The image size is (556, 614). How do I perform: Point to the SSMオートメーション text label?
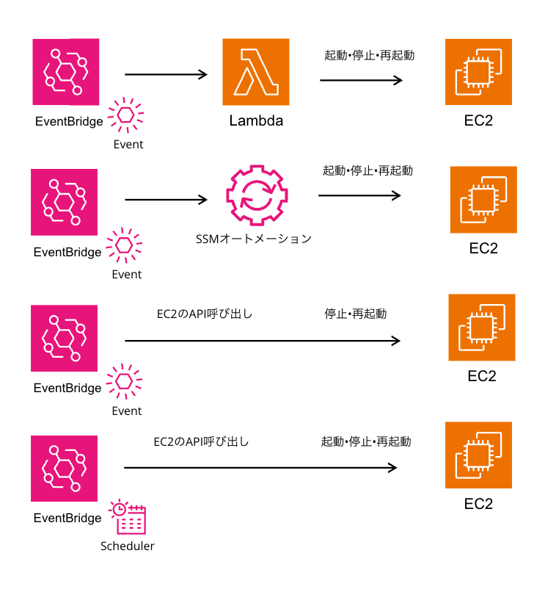pos(254,239)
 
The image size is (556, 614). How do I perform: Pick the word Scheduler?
pos(127,546)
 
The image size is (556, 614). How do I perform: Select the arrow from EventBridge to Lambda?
pos(167,74)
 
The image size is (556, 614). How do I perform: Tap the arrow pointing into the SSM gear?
pos(167,200)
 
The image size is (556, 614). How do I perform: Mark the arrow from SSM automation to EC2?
pos(359,195)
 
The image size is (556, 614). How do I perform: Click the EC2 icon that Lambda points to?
pos(478,72)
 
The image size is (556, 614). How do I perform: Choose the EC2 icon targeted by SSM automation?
pos(483,200)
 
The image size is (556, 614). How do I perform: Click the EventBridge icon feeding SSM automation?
pos(65,202)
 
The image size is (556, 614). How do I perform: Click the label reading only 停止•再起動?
pos(355,314)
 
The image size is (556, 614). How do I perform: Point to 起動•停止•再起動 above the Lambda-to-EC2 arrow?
pos(369,55)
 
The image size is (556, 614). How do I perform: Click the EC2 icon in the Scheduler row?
pos(478,455)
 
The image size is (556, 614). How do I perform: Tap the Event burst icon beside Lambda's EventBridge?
pos(126,115)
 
